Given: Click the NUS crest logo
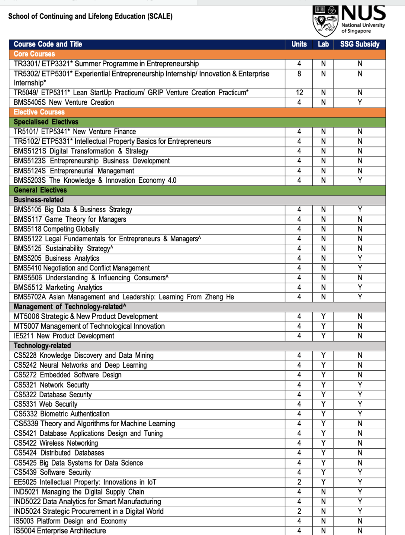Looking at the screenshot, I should tap(325, 21).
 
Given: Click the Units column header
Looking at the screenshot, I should tap(299, 44).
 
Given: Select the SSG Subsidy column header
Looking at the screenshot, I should tap(360, 44).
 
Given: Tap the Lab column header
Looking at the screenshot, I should tap(323, 44).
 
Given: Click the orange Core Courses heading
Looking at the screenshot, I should tap(34, 54).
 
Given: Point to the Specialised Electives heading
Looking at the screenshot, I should tap(46, 122).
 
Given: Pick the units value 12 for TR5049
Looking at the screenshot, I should tap(299, 93).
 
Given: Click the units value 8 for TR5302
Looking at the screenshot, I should tap(299, 74).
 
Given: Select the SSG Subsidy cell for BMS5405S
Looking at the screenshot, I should tap(360, 102).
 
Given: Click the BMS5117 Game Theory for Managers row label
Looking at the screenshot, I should tap(70, 219).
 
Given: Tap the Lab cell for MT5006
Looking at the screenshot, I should tap(323, 317).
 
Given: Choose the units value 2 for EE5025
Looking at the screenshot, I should tap(299, 482).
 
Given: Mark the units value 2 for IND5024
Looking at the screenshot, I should tap(299, 511).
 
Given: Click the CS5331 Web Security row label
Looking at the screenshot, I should tap(45, 404).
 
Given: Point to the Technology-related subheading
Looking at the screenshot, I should tap(42, 346).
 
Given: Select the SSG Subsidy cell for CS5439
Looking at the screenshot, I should tap(360, 472).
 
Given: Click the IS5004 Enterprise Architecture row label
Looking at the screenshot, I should tap(60, 531).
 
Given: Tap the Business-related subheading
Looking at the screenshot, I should tap(39, 200).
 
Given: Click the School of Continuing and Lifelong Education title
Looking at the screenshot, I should tap(90, 17).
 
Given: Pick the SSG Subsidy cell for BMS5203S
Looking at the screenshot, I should tap(360, 180).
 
